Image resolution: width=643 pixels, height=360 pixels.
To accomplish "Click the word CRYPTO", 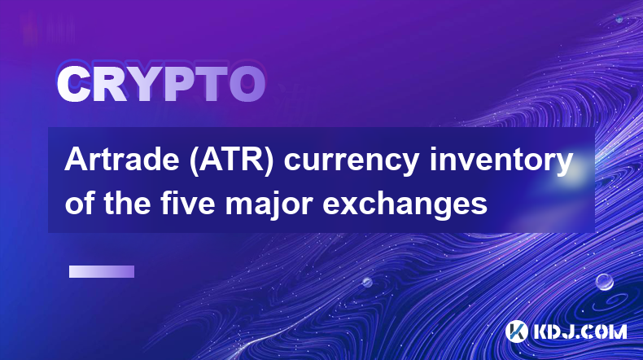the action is [161, 84].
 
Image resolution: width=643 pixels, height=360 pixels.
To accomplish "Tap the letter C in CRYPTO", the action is [73, 84].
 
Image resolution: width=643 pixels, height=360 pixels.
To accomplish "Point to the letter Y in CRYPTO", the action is [147, 84].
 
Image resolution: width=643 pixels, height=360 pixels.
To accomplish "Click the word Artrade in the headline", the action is [122, 160].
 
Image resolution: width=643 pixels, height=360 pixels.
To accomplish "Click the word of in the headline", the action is [81, 203].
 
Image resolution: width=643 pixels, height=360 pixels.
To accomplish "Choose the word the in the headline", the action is [128, 203].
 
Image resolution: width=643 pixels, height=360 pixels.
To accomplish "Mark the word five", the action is [188, 203].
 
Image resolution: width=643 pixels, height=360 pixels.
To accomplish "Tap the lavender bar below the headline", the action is [102, 272].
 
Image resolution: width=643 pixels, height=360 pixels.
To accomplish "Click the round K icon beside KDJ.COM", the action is [517, 331].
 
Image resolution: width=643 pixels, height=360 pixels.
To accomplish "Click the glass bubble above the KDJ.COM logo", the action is [605, 282].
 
